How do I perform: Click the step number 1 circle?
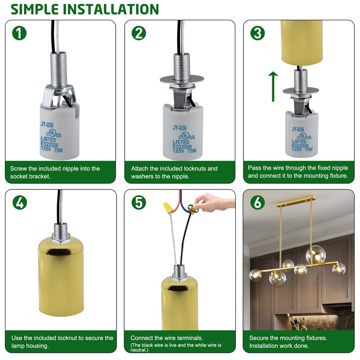click(x=20, y=33)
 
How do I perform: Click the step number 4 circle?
click(x=20, y=203)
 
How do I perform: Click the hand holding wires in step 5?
click(x=211, y=200)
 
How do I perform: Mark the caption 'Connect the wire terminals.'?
click(x=166, y=337)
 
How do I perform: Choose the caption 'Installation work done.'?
click(x=279, y=346)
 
